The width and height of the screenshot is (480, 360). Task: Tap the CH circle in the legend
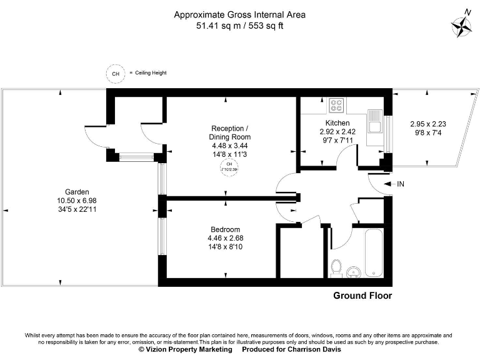[x=115, y=73]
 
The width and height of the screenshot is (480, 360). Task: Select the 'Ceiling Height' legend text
[x=151, y=73]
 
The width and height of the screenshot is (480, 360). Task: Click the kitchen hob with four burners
[x=337, y=104]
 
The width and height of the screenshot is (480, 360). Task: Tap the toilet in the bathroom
[x=337, y=267]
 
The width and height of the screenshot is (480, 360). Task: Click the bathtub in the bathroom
[x=374, y=253]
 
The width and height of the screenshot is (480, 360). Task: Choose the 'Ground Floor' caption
[x=362, y=296]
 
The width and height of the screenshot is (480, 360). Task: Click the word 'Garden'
[x=77, y=192]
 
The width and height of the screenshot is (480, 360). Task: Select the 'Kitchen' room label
[x=337, y=123]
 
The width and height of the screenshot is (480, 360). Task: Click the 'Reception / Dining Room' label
[x=230, y=132]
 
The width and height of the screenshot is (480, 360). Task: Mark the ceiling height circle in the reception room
[x=229, y=166]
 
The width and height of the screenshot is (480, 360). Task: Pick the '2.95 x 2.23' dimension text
[x=428, y=124]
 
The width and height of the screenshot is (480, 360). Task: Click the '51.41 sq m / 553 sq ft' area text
[x=240, y=26]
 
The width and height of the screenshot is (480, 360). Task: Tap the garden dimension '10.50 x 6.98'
[x=77, y=201]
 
